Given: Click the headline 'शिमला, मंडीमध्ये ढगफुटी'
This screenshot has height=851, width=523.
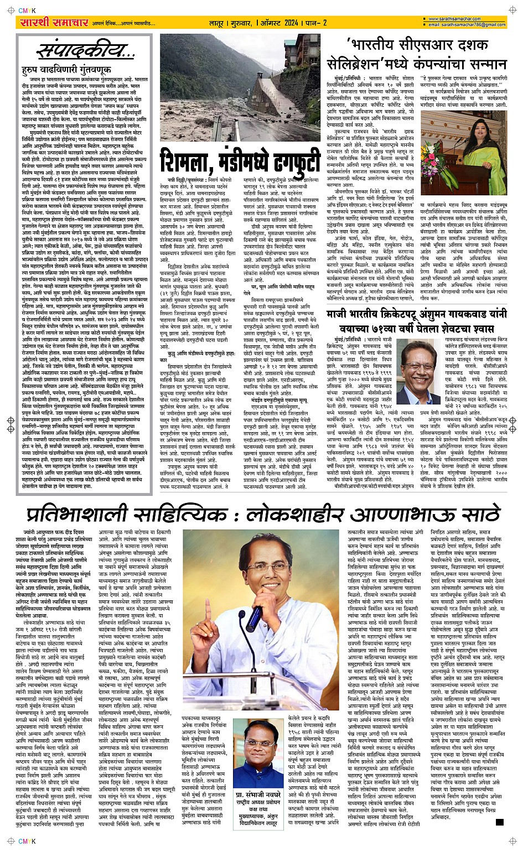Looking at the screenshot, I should pos(240,162).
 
